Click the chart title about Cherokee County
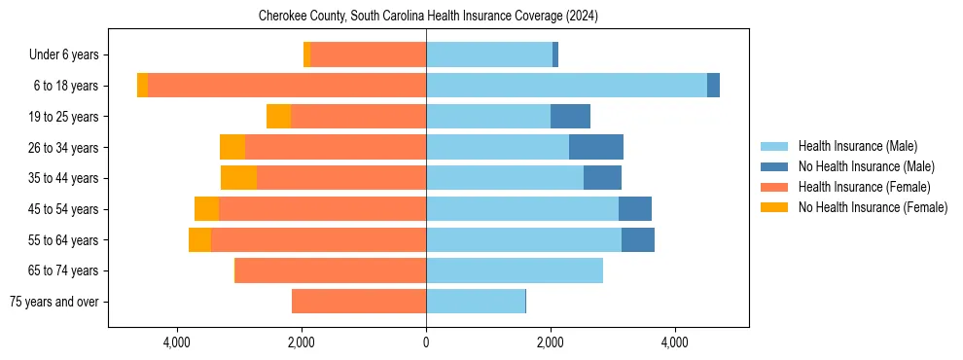point(428,17)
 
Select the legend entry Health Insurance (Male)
point(857,146)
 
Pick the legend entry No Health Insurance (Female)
point(872,207)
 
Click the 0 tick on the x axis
point(426,342)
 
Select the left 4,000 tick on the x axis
point(177,342)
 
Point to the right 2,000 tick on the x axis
point(551,342)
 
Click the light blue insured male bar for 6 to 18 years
point(566,86)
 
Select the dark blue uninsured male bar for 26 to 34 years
point(595,147)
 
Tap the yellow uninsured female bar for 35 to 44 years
point(238,178)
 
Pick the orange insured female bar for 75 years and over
point(359,302)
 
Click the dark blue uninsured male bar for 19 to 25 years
point(570,117)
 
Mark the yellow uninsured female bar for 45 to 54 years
point(206,209)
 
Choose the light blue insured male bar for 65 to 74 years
point(515,270)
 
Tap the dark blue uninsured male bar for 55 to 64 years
point(637,239)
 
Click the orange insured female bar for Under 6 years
point(369,54)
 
